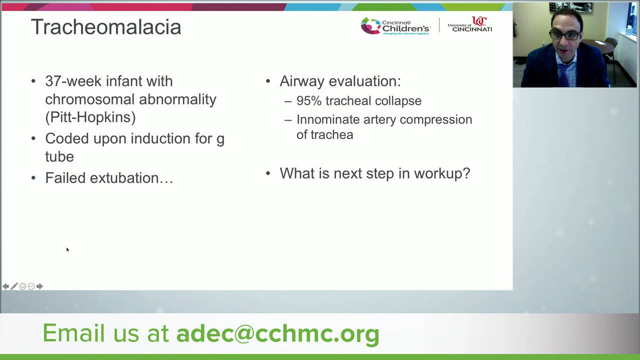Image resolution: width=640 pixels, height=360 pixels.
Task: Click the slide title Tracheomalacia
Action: pyautogui.click(x=106, y=27)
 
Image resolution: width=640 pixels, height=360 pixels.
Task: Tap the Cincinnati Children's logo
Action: pyautogui.click(x=395, y=26)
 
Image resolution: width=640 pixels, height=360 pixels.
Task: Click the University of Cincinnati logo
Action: pyautogui.click(x=470, y=24)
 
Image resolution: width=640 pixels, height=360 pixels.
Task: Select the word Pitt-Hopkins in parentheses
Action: pyautogui.click(x=90, y=117)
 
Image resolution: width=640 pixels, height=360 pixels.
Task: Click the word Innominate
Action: pyautogui.click(x=327, y=119)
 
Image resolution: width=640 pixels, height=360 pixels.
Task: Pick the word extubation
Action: pyautogui.click(x=131, y=178)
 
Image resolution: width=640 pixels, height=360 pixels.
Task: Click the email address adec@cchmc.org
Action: pyautogui.click(x=278, y=333)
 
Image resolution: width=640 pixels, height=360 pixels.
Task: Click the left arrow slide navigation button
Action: pyautogui.click(x=5, y=286)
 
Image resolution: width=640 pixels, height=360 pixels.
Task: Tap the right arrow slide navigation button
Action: pyautogui.click(x=39, y=286)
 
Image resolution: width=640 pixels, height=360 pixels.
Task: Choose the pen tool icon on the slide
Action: pyautogui.click(x=14, y=286)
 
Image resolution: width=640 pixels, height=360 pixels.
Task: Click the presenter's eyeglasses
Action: pyautogui.click(x=565, y=35)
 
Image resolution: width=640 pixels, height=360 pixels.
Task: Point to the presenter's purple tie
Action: pyautogui.click(x=563, y=75)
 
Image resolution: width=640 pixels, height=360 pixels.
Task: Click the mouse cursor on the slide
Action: pyautogui.click(x=67, y=249)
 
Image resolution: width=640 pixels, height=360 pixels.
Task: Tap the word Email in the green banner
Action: pyautogui.click(x=73, y=332)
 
